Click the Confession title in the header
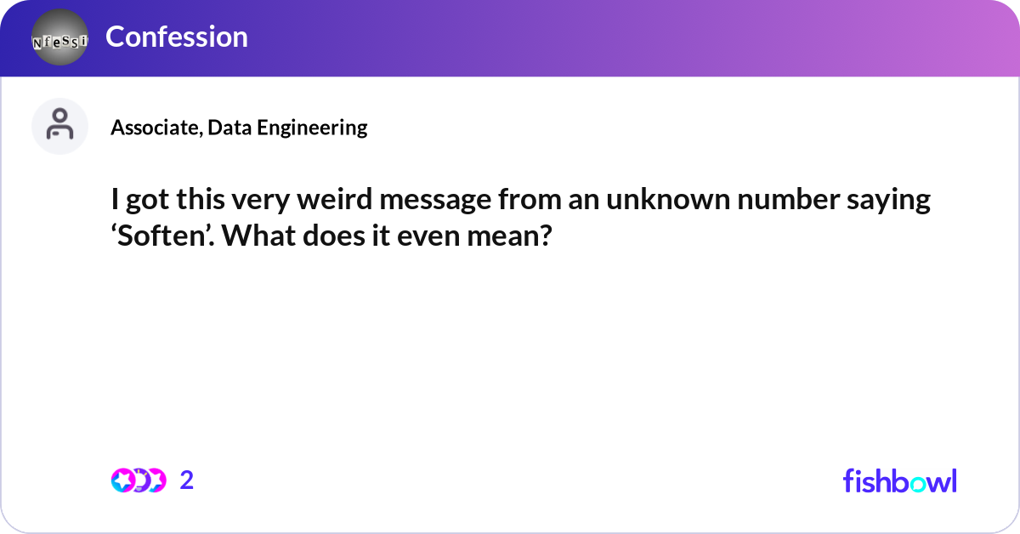point(177,37)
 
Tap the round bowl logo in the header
point(59,37)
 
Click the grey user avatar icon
point(59,126)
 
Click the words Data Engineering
point(287,128)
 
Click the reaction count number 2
point(187,480)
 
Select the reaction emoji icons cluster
point(138,480)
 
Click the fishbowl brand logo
point(899,480)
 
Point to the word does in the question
point(328,236)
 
